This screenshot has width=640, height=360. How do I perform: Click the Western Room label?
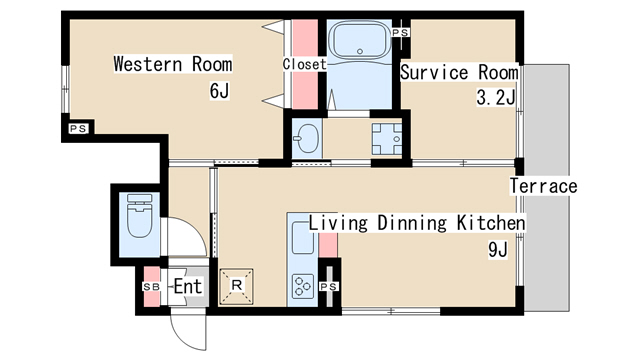point(173,64)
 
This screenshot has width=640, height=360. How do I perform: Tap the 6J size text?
point(219,91)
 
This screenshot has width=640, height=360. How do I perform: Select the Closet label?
point(304,64)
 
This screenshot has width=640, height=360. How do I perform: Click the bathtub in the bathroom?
point(360,40)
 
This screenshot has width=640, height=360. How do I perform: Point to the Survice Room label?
point(459,72)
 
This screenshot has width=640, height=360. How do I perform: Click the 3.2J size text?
point(496,97)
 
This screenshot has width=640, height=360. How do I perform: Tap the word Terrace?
point(543,186)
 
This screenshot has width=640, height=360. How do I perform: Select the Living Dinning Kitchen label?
point(417,223)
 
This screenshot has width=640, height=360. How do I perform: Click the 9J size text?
point(498,250)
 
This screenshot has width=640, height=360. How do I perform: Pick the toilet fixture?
point(140,216)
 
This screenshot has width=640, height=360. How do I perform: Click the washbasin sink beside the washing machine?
point(307,138)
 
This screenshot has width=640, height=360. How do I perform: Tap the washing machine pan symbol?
point(387,139)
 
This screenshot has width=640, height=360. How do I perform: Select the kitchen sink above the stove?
point(302,238)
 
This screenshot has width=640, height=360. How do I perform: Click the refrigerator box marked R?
point(236,286)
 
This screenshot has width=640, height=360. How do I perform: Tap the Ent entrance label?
point(187,286)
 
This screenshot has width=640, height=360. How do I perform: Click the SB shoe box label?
point(151,287)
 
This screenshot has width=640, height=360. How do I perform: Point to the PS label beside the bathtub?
point(400,32)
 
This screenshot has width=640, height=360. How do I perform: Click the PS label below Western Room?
point(78,129)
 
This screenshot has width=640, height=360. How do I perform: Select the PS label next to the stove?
point(329,287)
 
